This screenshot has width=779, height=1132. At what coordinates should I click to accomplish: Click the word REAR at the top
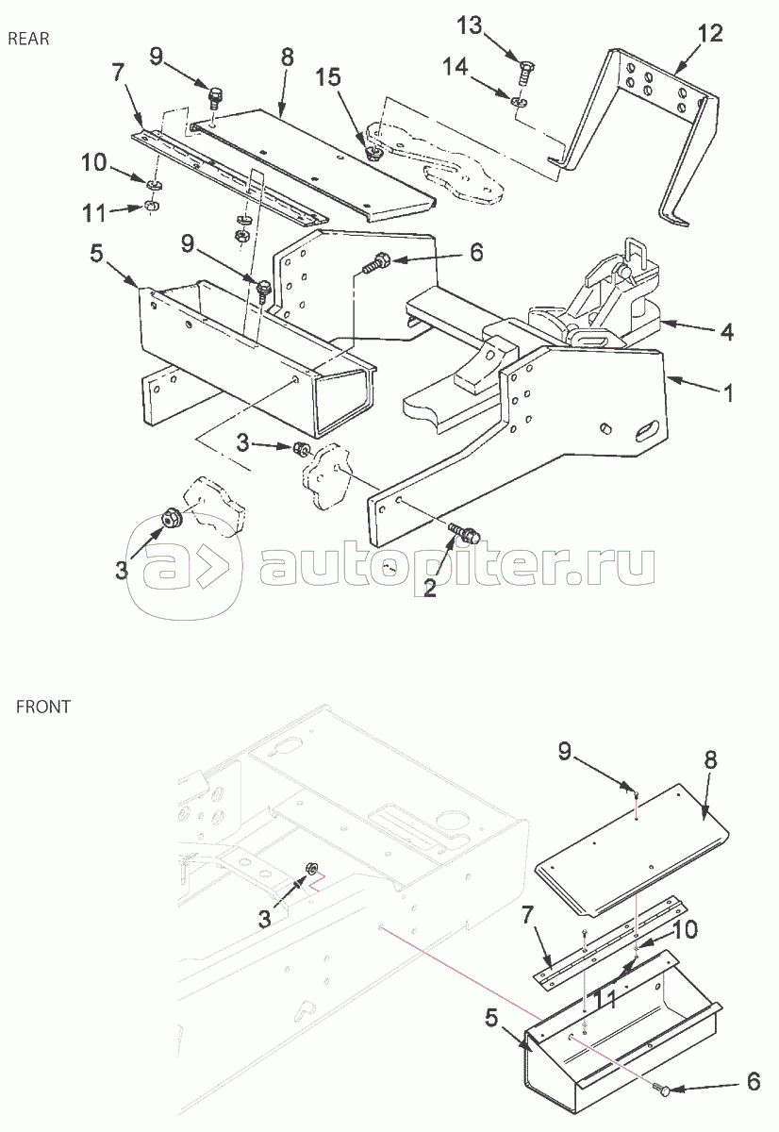(x=29, y=39)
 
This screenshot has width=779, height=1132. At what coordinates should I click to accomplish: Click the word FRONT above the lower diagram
(x=43, y=706)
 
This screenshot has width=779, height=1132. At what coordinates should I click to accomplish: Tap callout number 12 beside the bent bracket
(x=710, y=33)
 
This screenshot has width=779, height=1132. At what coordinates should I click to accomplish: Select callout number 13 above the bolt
(x=470, y=25)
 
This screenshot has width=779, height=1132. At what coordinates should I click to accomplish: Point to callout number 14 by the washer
(x=456, y=67)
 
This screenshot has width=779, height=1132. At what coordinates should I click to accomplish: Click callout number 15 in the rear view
(x=329, y=77)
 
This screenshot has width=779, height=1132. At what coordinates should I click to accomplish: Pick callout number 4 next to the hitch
(x=726, y=332)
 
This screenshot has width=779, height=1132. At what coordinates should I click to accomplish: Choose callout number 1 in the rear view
(x=728, y=392)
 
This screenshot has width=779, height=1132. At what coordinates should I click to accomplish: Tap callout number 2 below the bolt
(x=429, y=588)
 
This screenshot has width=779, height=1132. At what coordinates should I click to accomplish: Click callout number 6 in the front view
(x=754, y=1081)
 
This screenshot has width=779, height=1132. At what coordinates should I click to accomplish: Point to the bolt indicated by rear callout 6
(x=376, y=263)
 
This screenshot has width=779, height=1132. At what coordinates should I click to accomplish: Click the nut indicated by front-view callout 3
(x=312, y=869)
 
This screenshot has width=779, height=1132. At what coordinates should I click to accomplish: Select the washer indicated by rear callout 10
(x=155, y=185)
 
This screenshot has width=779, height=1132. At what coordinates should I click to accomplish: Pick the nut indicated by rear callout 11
(x=150, y=206)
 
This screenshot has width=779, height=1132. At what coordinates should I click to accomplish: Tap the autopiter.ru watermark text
(x=457, y=568)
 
